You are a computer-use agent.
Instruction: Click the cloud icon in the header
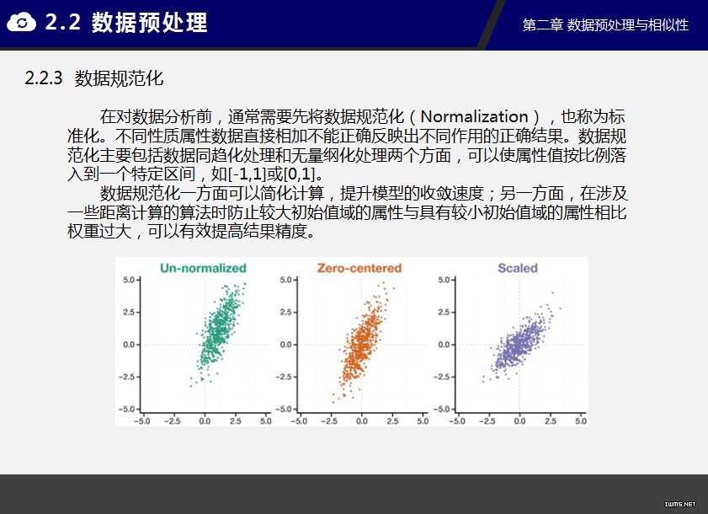pyautogui.click(x=21, y=22)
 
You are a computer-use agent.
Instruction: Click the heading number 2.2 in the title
pyautogui.click(x=63, y=22)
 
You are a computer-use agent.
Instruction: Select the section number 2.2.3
pyautogui.click(x=43, y=78)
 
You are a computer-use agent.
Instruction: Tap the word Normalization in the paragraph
pyautogui.click(x=474, y=116)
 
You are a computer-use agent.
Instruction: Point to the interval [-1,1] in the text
pyautogui.click(x=247, y=174)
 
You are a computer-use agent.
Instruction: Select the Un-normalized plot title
pyautogui.click(x=203, y=268)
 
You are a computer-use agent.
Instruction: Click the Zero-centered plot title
pyautogui.click(x=359, y=268)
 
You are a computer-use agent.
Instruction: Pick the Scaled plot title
pyautogui.click(x=518, y=268)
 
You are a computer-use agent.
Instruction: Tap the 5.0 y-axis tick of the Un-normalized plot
pyautogui.click(x=129, y=280)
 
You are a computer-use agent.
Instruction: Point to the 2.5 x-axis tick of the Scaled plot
pyautogui.click(x=551, y=420)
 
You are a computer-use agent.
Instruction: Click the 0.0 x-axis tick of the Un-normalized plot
pyautogui.click(x=205, y=420)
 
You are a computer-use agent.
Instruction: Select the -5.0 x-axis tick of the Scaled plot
pyautogui.click(x=456, y=420)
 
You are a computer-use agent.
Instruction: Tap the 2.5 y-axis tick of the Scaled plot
pyautogui.click(x=444, y=313)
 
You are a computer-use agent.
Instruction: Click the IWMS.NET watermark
pyautogui.click(x=680, y=504)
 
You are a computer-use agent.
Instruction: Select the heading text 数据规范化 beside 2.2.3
pyautogui.click(x=119, y=78)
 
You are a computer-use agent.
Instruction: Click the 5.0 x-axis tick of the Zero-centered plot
pyautogui.click(x=423, y=420)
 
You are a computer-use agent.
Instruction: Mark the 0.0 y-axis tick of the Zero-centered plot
pyautogui.click(x=286, y=345)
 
